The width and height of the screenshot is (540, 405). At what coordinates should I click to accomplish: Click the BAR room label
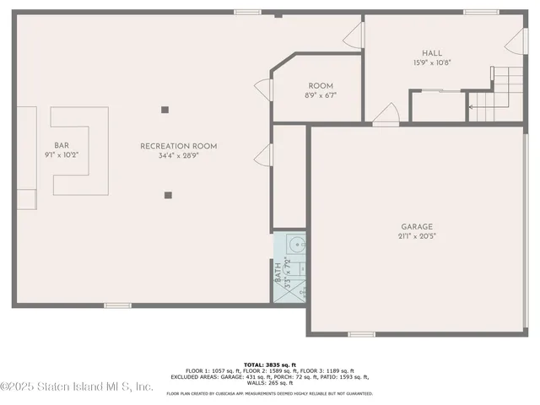(x=61, y=144)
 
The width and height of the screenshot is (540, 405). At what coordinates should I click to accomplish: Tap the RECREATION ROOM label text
(x=178, y=146)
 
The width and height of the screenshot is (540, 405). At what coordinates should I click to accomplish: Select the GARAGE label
(x=417, y=226)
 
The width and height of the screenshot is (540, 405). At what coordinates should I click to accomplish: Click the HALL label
(x=432, y=53)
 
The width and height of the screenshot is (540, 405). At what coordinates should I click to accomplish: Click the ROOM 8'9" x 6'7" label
(x=320, y=86)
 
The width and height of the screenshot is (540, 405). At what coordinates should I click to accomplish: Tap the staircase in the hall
(x=498, y=93)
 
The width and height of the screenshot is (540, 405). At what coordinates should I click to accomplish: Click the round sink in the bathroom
(x=294, y=246)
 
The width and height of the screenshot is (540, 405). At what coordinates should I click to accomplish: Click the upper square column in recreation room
(x=165, y=108)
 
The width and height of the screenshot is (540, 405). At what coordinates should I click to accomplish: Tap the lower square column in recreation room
(x=168, y=195)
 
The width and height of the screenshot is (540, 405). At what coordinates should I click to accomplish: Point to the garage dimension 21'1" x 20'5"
(x=417, y=236)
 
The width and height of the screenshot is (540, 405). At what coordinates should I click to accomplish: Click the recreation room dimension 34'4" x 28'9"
(x=178, y=156)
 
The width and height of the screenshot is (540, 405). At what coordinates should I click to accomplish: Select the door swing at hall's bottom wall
(x=387, y=114)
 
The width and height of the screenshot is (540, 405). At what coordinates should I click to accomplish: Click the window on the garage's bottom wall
(x=361, y=334)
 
